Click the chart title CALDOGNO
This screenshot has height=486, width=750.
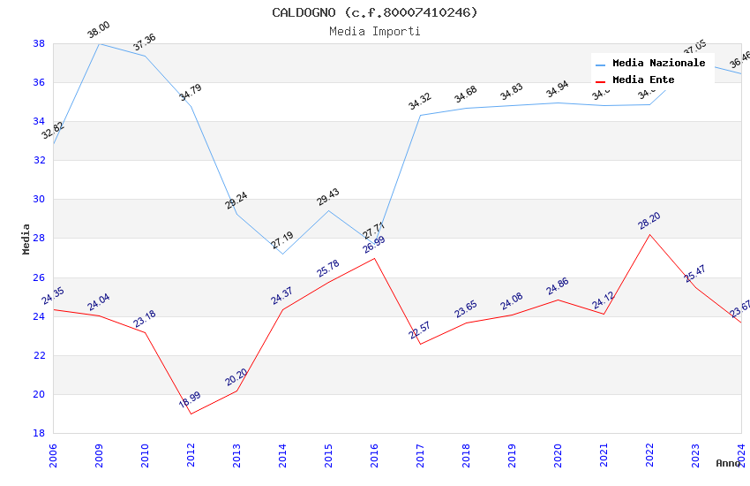(374, 12)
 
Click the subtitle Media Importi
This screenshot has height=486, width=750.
(374, 31)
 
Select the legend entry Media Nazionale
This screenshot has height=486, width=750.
(658, 63)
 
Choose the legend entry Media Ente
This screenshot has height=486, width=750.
(643, 80)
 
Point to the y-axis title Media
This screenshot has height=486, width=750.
(26, 239)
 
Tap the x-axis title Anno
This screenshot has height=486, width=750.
(728, 463)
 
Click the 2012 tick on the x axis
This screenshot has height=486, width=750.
(191, 452)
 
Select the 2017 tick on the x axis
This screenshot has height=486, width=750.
(420, 452)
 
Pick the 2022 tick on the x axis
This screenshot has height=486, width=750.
(649, 452)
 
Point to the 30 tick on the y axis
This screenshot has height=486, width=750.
(40, 199)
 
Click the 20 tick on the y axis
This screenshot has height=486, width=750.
(40, 394)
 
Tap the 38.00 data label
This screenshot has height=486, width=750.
(98, 31)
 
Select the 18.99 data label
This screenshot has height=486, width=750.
(190, 400)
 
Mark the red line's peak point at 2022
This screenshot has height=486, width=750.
(649, 234)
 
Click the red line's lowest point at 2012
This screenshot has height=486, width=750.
(191, 414)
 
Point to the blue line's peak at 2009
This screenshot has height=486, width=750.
(99, 43)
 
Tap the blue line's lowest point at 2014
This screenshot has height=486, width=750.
(282, 254)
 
